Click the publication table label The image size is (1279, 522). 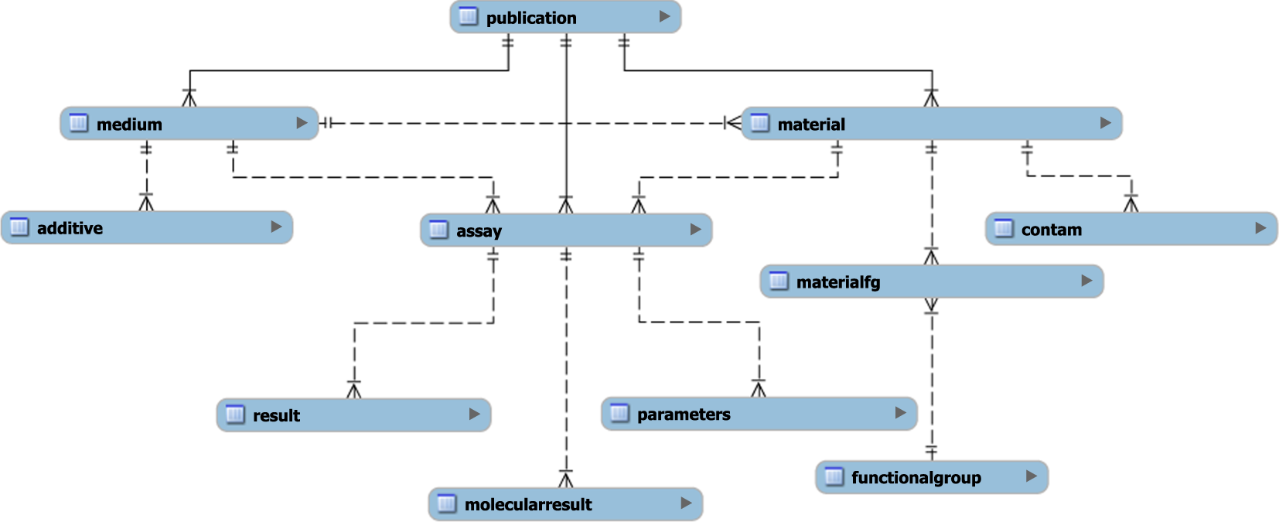point(531,18)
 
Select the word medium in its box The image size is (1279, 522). point(129,125)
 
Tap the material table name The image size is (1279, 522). point(811,125)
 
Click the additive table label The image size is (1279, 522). point(70,228)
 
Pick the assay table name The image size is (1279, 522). point(479,231)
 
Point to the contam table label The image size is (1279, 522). point(1051,230)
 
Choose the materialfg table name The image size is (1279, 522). point(838,282)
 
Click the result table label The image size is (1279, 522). point(276,416)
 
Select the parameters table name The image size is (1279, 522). point(684,415)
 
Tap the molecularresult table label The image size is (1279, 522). point(528,505)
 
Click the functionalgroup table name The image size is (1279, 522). point(916,478)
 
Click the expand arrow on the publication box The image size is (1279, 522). point(664,16)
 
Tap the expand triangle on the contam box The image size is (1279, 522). point(1260,228)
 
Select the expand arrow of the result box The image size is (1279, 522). point(474,415)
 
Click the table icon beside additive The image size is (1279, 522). point(19,227)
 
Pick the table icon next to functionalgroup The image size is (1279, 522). point(834,476)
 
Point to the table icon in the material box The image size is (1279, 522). point(760,123)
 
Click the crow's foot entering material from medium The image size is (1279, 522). point(732,123)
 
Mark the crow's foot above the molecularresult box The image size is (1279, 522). point(566,479)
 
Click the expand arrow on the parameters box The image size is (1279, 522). point(900,413)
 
